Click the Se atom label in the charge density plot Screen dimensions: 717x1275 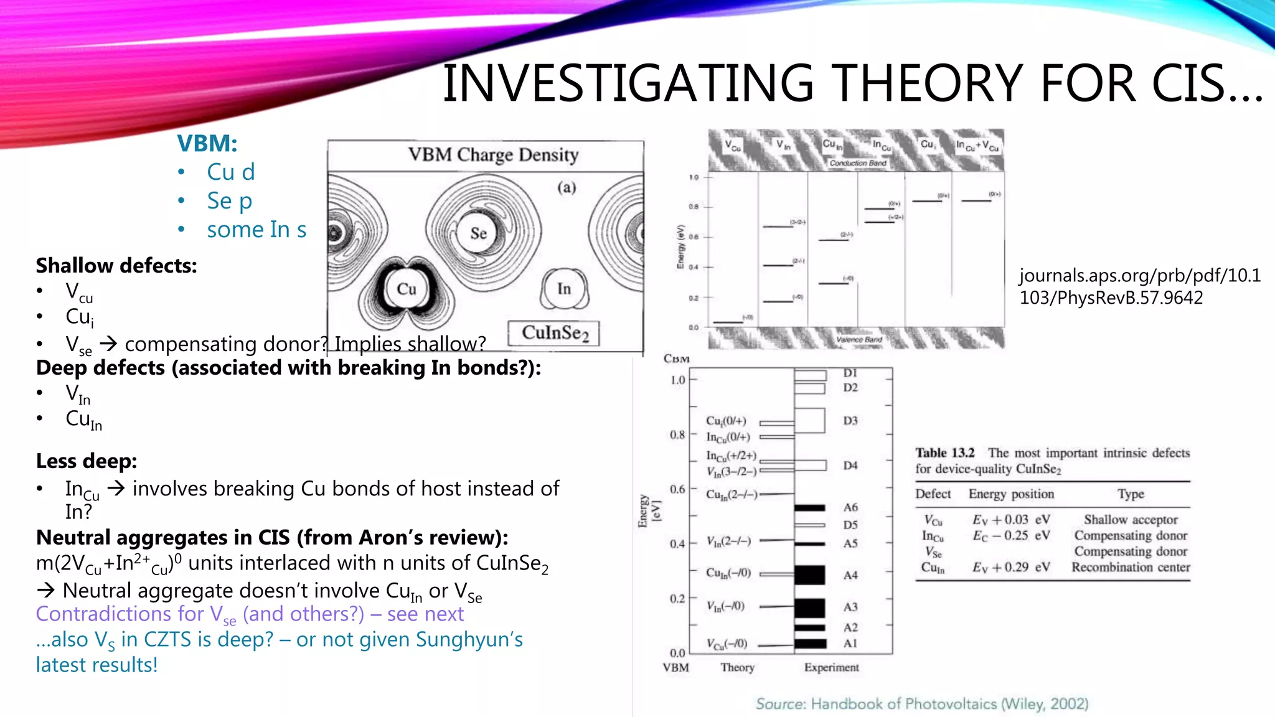pos(478,233)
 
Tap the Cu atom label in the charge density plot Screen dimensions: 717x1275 pos(406,289)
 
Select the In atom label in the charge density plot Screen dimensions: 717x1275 pos(564,289)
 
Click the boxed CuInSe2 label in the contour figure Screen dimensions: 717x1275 pos(554,333)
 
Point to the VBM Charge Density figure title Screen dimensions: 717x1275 pos(493,154)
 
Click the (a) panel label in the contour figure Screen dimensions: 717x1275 pos(567,187)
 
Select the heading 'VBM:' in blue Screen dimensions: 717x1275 pos(207,144)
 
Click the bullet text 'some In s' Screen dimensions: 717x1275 pos(256,230)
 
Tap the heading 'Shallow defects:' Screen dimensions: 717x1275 pos(116,266)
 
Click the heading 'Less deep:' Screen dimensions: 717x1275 pos(87,461)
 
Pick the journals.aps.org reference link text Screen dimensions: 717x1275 pos(1139,286)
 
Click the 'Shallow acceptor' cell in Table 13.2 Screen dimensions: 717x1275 pos(1131,520)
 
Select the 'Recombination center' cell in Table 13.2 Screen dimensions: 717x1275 pos(1131,567)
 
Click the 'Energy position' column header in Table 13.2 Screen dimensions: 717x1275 pos(1011,494)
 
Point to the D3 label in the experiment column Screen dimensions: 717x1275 pos(850,421)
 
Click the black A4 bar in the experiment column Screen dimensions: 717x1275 pos(810,575)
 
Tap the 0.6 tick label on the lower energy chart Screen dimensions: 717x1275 pos(677,489)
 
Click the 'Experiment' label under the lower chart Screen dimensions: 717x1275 pos(831,667)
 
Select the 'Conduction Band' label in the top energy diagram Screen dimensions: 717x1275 pos(858,163)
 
